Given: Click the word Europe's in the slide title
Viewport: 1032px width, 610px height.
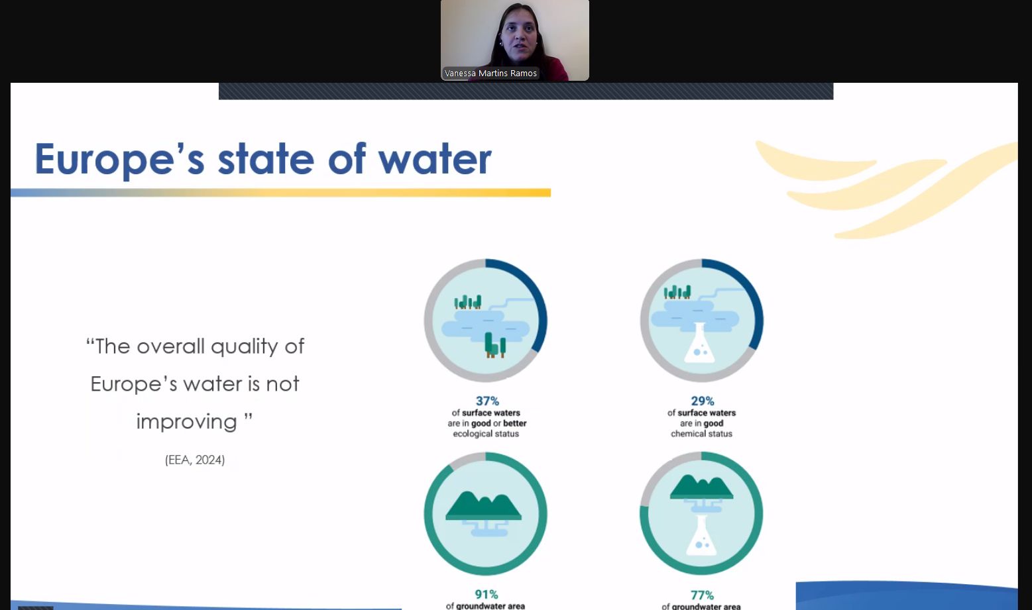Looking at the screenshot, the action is click(x=119, y=159).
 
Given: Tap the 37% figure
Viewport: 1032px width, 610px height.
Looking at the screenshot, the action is click(x=487, y=401).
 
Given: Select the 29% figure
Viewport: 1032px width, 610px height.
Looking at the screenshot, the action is click(x=702, y=401).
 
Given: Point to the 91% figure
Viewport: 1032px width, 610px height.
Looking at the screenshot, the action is click(x=487, y=594).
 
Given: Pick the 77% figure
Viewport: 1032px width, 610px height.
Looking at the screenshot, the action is click(x=702, y=595).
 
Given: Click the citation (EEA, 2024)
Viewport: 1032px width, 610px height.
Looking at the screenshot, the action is click(x=195, y=460).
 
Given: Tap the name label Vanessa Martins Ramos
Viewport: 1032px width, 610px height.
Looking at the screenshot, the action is click(x=490, y=74).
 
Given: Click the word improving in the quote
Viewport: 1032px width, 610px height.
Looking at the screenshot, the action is click(x=187, y=422).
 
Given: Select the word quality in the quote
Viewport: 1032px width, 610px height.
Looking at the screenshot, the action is click(x=245, y=346).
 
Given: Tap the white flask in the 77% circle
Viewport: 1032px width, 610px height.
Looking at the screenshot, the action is click(x=701, y=535).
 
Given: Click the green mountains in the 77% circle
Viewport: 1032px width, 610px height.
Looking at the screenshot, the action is click(x=701, y=487).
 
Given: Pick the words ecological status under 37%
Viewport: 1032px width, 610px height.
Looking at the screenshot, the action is click(x=486, y=434).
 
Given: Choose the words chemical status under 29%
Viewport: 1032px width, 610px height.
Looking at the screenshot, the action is click(x=701, y=434).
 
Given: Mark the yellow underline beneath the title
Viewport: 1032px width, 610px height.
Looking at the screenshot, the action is click(x=280, y=193).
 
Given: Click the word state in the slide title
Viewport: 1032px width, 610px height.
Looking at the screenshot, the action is click(x=266, y=159).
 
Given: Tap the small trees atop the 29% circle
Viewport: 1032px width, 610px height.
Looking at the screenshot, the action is click(x=677, y=292).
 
